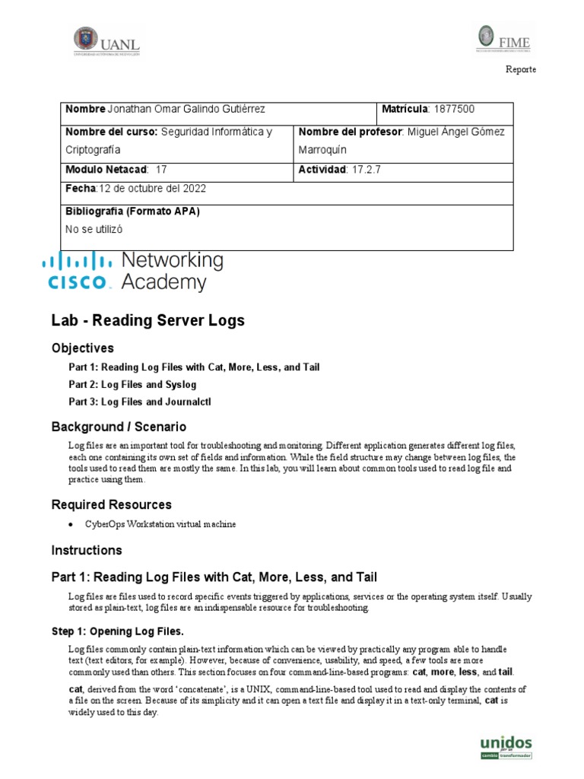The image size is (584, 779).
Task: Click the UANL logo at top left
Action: pyautogui.click(x=106, y=41)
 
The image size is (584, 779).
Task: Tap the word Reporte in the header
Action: pyautogui.click(x=521, y=69)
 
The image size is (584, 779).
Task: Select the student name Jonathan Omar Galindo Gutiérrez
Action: pyautogui.click(x=187, y=110)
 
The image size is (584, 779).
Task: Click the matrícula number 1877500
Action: pyautogui.click(x=454, y=110)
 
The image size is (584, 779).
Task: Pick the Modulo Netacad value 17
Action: pyautogui.click(x=160, y=169)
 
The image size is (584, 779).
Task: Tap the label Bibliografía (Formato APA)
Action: pyautogui.click(x=132, y=211)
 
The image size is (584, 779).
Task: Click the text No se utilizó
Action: pyautogui.click(x=94, y=228)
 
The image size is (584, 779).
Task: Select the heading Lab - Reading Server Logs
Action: pyautogui.click(x=148, y=320)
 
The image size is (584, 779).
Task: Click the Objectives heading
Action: pyautogui.click(x=82, y=348)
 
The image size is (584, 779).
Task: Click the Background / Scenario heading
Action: pyautogui.click(x=119, y=427)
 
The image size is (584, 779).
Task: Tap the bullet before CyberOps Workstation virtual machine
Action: pyautogui.click(x=71, y=524)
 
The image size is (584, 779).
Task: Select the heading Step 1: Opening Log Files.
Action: pyautogui.click(x=125, y=632)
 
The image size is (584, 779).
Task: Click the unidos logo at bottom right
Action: pyautogui.click(x=506, y=746)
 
